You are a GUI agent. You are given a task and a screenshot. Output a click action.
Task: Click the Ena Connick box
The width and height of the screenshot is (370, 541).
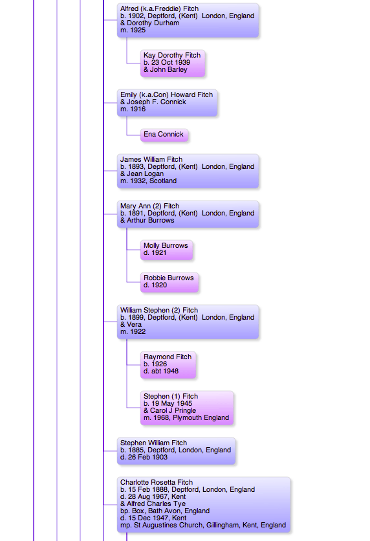tap(164, 135)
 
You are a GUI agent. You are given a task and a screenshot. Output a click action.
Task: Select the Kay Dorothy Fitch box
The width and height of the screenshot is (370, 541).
tap(173, 63)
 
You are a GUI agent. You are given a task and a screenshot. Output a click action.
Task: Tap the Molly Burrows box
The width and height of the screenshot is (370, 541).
tap(166, 249)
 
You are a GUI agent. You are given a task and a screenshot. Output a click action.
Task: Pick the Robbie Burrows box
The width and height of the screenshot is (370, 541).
tap(169, 282)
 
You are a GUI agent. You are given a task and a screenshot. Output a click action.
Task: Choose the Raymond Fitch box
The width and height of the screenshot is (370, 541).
tap(168, 364)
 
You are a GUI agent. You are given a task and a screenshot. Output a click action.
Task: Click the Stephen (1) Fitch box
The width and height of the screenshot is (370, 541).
tap(187, 408)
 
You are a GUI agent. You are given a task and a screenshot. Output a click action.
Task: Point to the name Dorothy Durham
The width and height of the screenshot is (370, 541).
tap(153, 23)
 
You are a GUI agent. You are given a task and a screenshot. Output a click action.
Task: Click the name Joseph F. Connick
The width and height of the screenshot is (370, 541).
tap(156, 102)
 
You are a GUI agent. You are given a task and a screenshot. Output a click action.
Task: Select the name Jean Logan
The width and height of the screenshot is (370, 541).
tap(145, 174)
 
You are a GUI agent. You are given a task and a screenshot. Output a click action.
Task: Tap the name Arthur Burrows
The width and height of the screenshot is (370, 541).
tap(151, 221)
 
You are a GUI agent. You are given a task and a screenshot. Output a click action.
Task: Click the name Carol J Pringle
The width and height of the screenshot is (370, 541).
tap(173, 410)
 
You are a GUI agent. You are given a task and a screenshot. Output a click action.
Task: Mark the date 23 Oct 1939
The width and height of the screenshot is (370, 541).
tap(171, 63)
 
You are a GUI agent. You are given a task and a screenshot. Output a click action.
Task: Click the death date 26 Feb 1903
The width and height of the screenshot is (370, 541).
tap(147, 457)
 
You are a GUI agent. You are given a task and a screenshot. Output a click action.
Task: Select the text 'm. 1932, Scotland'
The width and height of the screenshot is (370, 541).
tap(148, 181)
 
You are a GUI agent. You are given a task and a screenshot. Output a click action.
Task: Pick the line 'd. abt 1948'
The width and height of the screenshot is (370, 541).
tap(161, 371)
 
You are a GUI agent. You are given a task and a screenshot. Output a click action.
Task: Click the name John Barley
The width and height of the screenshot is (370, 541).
tap(169, 70)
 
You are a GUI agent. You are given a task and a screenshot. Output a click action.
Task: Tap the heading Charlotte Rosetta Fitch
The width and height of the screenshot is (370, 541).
tap(157, 482)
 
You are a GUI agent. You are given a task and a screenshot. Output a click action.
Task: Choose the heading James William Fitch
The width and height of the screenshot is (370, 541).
tap(151, 159)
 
